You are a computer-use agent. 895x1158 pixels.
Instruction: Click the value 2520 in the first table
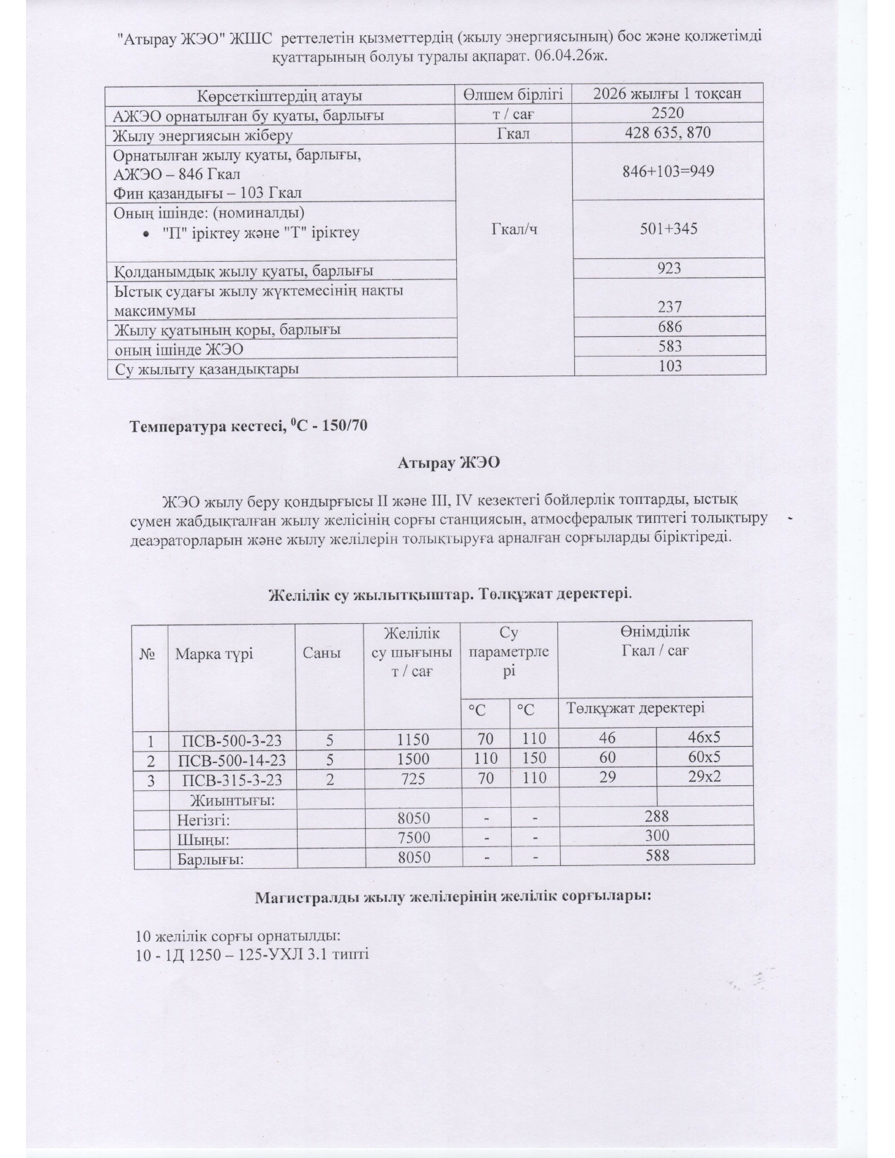(x=668, y=113)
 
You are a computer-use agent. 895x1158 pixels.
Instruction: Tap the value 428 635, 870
(x=668, y=133)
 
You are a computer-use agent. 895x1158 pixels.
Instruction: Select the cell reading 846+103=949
(x=668, y=170)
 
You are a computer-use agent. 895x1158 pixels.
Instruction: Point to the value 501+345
(x=668, y=227)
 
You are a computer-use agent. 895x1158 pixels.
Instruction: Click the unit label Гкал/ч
(x=515, y=229)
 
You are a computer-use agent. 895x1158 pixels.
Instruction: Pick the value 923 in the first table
(x=670, y=268)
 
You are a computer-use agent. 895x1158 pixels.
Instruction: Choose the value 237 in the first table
(x=670, y=306)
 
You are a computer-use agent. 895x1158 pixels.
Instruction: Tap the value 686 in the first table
(x=670, y=326)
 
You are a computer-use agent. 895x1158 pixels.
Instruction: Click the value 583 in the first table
(x=670, y=345)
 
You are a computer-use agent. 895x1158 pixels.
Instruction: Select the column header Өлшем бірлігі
(x=514, y=94)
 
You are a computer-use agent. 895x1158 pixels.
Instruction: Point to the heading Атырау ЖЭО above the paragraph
(x=448, y=462)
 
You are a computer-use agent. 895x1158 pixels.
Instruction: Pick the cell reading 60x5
(x=704, y=757)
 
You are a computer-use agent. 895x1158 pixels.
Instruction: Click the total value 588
(x=657, y=855)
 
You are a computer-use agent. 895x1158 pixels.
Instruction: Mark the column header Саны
(x=321, y=653)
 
